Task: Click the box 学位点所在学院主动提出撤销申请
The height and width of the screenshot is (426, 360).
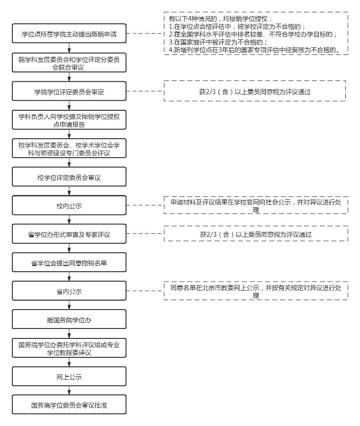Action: [69, 34]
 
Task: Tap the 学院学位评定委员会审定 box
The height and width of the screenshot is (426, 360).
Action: [69, 92]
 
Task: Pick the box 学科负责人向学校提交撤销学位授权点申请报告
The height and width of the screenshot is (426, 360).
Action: [69, 121]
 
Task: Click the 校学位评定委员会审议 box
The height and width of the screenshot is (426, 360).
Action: [69, 177]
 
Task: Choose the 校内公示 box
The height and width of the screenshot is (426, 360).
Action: [69, 206]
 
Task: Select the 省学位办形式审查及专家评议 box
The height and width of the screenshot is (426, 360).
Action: [69, 234]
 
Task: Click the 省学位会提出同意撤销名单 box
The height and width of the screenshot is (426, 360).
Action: [69, 263]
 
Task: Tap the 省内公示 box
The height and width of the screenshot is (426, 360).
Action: [69, 291]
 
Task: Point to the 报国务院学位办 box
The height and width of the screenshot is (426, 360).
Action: [69, 320]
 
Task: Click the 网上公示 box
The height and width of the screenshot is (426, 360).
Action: [69, 377]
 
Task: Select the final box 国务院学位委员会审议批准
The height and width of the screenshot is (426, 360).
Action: [69, 405]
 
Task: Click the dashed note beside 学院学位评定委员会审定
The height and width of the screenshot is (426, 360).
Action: [255, 92]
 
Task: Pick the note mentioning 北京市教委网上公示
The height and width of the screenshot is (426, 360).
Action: [256, 291]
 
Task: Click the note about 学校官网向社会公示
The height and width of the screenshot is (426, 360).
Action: [256, 205]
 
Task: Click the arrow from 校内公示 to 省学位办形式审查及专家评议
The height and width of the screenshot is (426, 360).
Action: [70, 220]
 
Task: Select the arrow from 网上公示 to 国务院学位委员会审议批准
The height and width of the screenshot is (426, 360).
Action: [70, 390]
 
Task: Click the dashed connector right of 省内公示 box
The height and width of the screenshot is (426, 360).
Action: [145, 291]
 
